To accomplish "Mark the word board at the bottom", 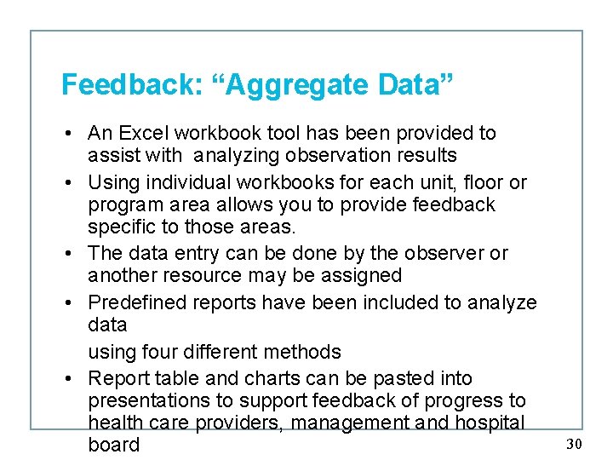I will (x=113, y=445).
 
